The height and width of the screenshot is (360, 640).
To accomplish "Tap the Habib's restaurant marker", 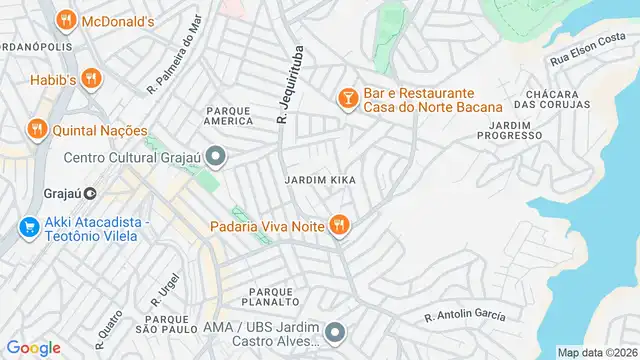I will pyautogui.click(x=91, y=77).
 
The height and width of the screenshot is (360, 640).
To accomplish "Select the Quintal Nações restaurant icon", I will pyautogui.click(x=36, y=129).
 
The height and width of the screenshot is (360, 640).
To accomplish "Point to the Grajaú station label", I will pyautogui.click(x=69, y=193).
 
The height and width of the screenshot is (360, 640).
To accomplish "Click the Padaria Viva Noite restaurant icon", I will pyautogui.click(x=339, y=226).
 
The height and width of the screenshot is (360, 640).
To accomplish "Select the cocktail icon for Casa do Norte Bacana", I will pyautogui.click(x=347, y=98).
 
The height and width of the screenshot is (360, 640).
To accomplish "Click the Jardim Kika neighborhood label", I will pyautogui.click(x=320, y=180).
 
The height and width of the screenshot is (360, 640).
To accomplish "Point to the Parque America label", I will pyautogui.click(x=229, y=115).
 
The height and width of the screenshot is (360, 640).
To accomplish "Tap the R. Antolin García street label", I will pyautogui.click(x=465, y=317).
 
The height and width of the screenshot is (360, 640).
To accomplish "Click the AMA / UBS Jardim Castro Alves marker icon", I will pyautogui.click(x=335, y=331).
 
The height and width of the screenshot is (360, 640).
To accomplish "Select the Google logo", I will pyautogui.click(x=33, y=348).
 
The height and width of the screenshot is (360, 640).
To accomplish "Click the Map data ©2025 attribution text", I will pyautogui.click(x=597, y=352).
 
